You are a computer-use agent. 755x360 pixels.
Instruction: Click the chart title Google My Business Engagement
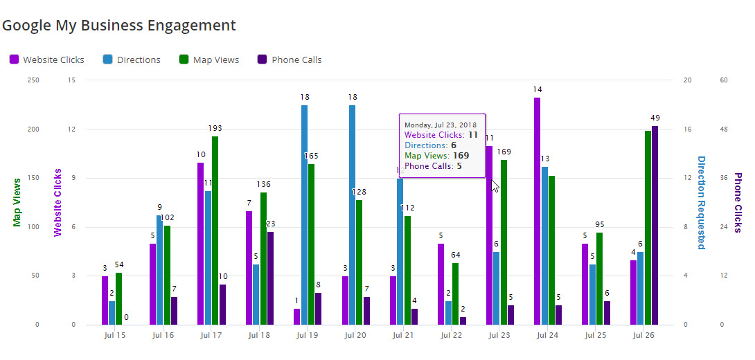coord(118,26)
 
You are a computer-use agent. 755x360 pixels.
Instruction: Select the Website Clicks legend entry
coord(46,60)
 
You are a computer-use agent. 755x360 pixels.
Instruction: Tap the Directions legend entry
coord(132,60)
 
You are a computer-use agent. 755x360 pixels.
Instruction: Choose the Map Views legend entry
coord(208,60)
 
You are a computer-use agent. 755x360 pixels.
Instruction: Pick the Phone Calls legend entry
coord(289,60)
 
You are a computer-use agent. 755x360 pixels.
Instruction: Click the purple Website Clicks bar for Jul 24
coord(537,211)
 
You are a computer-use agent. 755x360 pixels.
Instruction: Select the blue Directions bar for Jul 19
coord(304,215)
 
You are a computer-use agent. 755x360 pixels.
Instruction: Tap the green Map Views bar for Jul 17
coord(215,231)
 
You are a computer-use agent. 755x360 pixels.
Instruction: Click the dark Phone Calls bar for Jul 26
coord(655,225)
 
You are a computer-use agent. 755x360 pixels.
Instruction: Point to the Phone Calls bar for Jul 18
coord(270,278)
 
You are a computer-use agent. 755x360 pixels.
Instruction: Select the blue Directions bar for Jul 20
coord(352,215)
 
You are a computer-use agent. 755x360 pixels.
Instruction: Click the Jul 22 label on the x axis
coord(450,335)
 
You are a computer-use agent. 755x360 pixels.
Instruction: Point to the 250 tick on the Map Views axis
coord(33,80)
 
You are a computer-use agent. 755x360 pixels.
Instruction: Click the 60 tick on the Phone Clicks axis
coord(724,80)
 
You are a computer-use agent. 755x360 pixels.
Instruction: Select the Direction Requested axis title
coord(701,202)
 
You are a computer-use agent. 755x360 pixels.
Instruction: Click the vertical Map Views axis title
coord(17,202)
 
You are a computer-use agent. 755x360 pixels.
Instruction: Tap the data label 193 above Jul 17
coord(215,128)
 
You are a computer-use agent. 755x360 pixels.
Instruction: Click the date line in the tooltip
coord(440,125)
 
